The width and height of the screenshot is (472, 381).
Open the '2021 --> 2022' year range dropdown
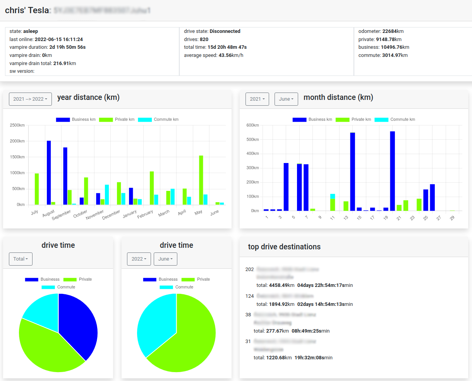pos(30,99)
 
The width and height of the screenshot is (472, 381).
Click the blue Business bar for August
pos(49,173)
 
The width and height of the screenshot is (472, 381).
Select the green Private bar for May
pos(201,180)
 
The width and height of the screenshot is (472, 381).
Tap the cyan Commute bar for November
pos(107,195)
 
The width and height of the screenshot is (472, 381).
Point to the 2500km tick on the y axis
pos(17,125)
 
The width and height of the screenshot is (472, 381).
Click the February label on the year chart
pos(145,214)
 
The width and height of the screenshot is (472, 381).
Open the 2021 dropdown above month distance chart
pos(257,99)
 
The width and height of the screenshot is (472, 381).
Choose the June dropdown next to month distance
pos(286,99)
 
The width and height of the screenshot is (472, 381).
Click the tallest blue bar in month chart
pos(392,171)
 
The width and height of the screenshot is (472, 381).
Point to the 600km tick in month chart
pos(252,125)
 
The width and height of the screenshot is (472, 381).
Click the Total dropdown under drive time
pos(21,259)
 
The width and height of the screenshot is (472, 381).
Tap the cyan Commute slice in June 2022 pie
pos(155,321)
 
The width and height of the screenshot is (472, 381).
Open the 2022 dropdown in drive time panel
pos(139,259)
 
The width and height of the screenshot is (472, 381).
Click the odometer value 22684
pos(389,31)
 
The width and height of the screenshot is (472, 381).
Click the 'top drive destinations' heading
pos(284,247)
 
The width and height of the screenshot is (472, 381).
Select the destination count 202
pos(250,269)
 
